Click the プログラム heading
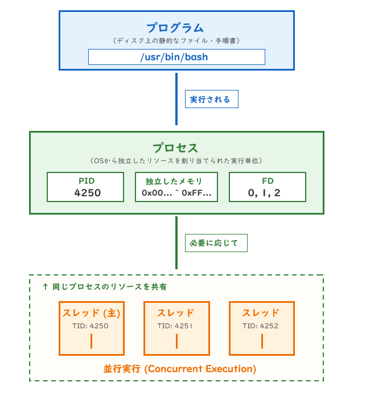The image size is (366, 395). point(175,28)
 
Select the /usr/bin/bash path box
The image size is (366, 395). point(176,57)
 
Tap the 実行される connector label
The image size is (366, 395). point(212,99)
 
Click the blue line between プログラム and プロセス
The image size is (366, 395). point(176,99)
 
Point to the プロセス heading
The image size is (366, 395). point(175,148)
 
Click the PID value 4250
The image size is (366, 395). point(88,193)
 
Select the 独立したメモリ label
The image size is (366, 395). point(174,181)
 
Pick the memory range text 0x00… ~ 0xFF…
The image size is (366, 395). point(176,193)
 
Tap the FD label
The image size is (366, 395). point(268,181)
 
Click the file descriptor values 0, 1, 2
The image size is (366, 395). point(264,193)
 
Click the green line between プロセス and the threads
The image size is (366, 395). point(176,242)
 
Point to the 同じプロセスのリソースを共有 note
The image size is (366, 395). point(105,287)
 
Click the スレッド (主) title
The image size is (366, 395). point(91,313)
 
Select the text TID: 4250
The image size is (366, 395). point(91,326)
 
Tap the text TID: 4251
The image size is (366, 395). point(175,326)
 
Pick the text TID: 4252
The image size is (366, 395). point(261,326)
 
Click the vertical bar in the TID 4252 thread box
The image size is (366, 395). point(262,341)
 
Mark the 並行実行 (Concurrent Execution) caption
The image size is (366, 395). point(180,369)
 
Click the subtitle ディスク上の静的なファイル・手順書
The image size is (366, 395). point(176,40)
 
